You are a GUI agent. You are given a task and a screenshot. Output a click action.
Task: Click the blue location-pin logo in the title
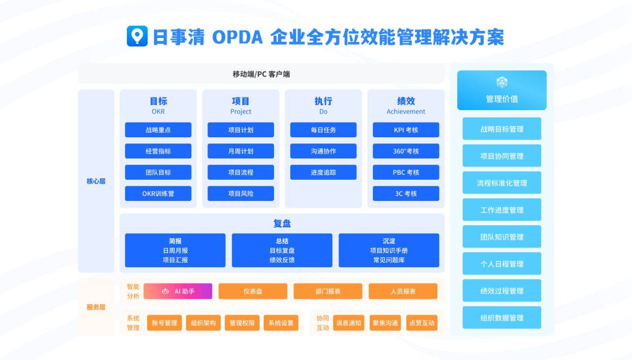tap(137, 36)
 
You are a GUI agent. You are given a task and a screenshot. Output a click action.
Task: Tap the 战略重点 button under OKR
tap(158, 130)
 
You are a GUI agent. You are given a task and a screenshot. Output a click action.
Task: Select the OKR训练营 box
tap(158, 194)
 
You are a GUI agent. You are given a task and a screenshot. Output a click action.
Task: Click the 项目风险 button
tap(240, 194)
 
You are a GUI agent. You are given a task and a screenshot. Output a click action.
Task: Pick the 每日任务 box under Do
tap(323, 130)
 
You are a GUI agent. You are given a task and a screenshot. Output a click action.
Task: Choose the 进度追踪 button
tap(323, 172)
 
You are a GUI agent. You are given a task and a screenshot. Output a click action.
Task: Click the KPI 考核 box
tap(406, 130)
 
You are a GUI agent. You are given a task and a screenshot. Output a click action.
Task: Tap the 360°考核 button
tap(406, 151)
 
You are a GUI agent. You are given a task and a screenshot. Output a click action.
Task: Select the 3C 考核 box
tap(406, 194)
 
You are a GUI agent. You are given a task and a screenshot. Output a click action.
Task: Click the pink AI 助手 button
tap(178, 291)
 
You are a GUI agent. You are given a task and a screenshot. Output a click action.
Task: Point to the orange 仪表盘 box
tap(253, 291)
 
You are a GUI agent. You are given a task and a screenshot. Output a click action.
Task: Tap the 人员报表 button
tap(403, 291)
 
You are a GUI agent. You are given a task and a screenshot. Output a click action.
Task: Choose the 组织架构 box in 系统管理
tap(203, 323)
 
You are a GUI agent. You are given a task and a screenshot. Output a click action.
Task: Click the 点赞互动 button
tap(422, 323)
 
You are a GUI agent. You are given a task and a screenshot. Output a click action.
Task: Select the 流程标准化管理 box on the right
tap(502, 183)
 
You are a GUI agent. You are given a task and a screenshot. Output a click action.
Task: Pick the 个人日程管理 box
tap(502, 264)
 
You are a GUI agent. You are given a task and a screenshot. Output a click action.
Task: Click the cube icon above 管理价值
tap(502, 82)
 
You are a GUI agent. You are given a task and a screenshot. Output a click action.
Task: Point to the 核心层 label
tap(96, 181)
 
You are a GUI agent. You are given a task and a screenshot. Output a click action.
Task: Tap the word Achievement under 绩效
tap(406, 112)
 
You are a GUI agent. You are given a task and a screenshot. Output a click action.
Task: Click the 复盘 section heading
tap(282, 223)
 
